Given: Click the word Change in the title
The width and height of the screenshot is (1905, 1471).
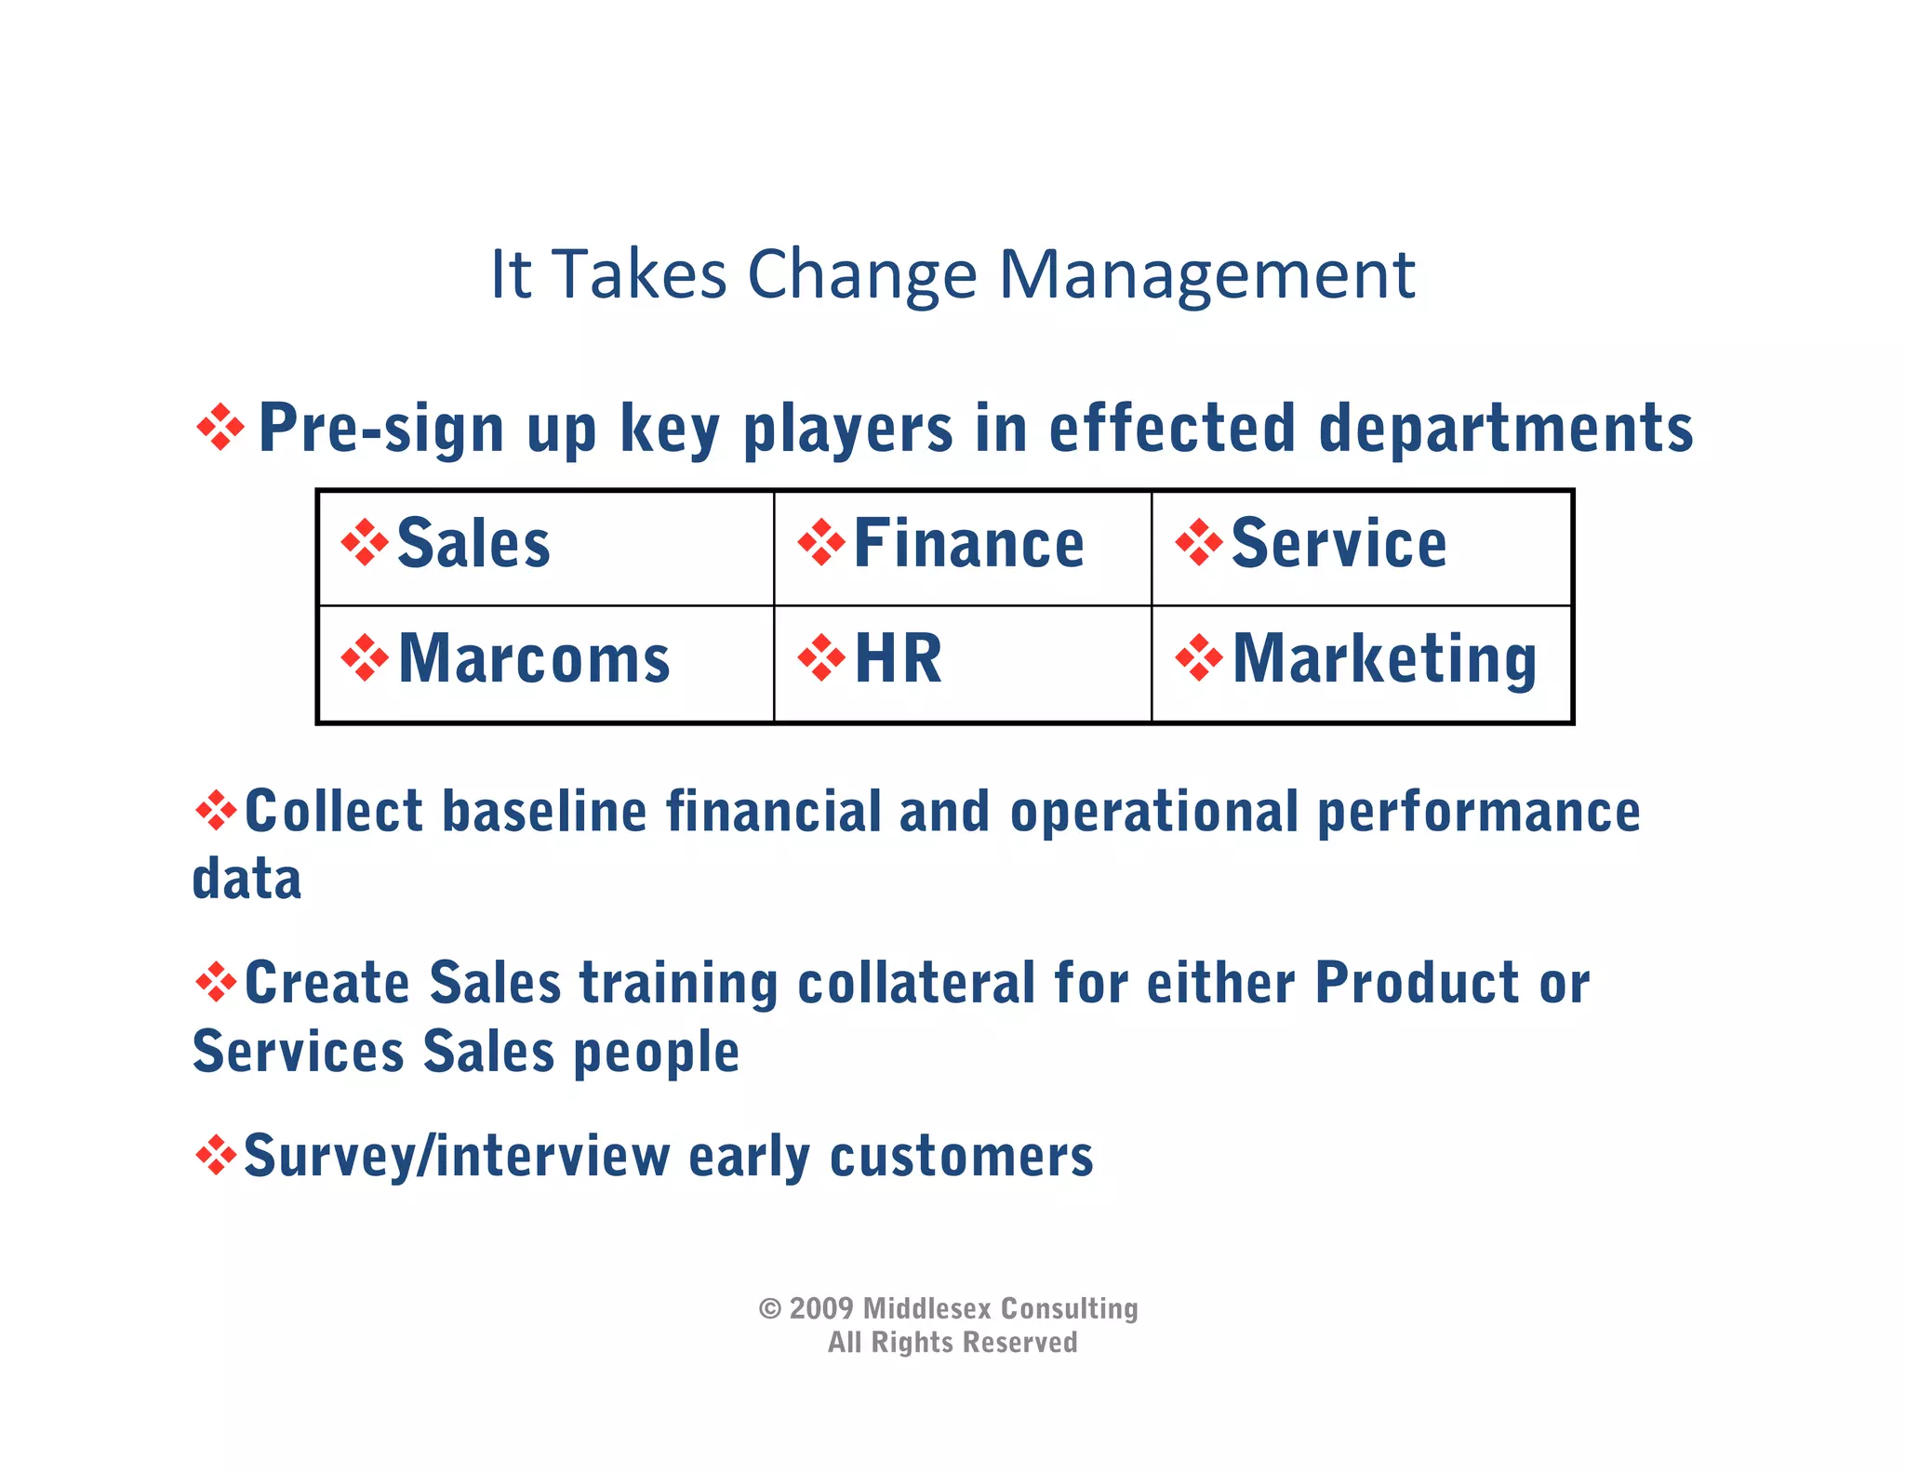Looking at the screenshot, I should click(x=861, y=275).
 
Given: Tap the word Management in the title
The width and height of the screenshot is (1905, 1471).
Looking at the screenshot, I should click(x=1206, y=275).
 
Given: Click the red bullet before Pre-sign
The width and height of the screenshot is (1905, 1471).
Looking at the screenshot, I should click(x=220, y=428).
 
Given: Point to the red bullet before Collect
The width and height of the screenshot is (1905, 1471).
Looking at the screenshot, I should click(x=216, y=811).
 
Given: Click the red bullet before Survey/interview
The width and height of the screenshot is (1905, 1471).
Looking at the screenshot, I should click(x=216, y=1155).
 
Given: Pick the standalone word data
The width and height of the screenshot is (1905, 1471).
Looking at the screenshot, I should click(x=246, y=879).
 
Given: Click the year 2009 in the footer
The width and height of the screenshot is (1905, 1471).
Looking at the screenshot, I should click(x=821, y=1308).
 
